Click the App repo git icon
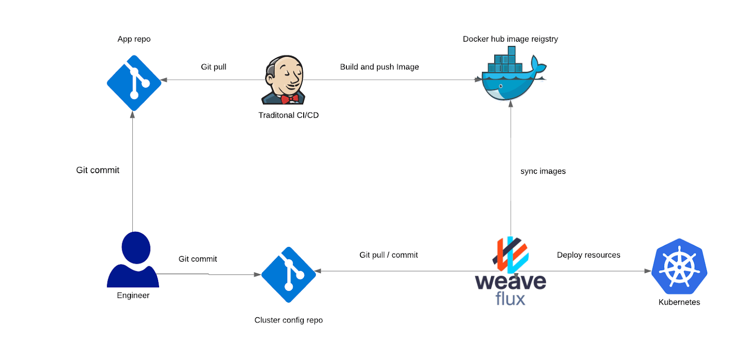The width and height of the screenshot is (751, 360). click(x=134, y=83)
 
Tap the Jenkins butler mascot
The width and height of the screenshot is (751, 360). click(x=284, y=80)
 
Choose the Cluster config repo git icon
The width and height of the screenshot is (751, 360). click(x=289, y=275)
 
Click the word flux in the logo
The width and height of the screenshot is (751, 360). click(x=510, y=299)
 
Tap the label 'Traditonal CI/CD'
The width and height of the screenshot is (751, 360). click(x=288, y=115)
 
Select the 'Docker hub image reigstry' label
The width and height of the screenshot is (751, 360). click(x=510, y=39)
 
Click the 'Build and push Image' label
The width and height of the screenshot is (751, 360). click(x=379, y=67)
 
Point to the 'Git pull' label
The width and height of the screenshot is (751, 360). click(x=214, y=67)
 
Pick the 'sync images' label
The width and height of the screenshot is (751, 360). click(x=543, y=171)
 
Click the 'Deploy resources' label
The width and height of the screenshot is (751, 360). click(x=588, y=255)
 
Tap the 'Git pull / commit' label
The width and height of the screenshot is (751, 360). click(x=388, y=255)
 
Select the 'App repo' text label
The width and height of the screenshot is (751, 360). click(x=134, y=39)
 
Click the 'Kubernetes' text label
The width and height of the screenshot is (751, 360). click(x=679, y=302)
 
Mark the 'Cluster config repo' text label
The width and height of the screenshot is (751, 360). click(x=288, y=320)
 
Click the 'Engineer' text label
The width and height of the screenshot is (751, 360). click(x=133, y=295)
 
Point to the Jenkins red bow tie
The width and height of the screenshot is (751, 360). click(x=290, y=99)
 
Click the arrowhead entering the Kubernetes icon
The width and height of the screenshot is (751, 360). click(x=648, y=271)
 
